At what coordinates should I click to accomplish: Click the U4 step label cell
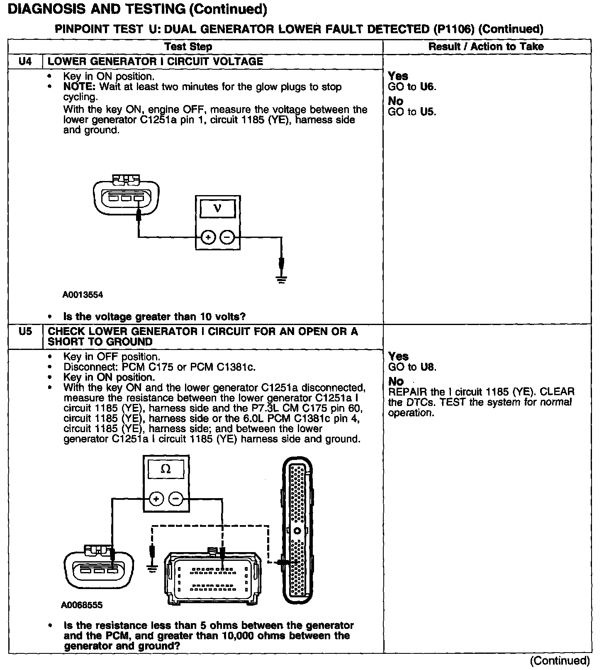click(x=25, y=61)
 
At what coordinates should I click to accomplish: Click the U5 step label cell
click(x=25, y=332)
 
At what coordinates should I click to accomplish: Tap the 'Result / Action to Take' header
click(x=486, y=46)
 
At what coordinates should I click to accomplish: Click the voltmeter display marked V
click(x=217, y=209)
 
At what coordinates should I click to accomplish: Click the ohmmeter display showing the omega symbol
click(x=166, y=469)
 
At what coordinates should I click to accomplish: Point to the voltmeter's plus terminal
click(x=208, y=237)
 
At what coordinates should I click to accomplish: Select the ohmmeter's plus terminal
click(x=156, y=499)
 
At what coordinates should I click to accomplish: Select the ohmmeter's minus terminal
click(x=176, y=499)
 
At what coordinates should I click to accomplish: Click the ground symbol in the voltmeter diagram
click(x=281, y=279)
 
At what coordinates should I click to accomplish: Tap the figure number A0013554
click(x=83, y=295)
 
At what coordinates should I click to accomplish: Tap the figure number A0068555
click(x=82, y=605)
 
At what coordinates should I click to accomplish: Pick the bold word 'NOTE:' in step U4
click(x=79, y=87)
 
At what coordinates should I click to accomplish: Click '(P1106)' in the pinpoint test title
click(x=454, y=29)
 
